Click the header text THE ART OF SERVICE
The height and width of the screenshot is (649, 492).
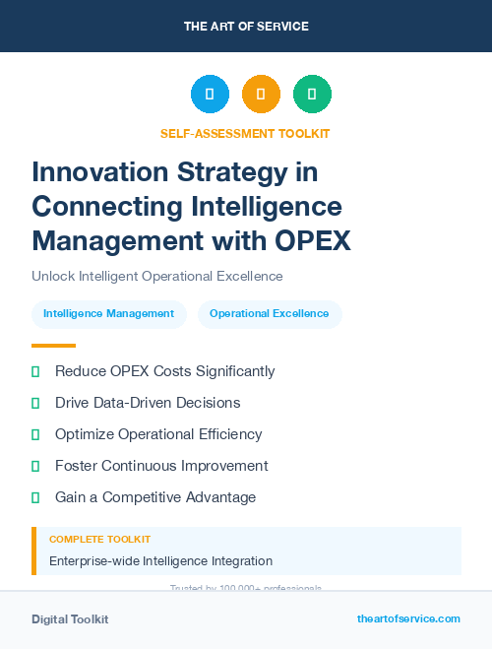coord(246,27)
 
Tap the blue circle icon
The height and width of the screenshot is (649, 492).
coord(210,95)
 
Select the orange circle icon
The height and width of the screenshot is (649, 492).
coord(261,95)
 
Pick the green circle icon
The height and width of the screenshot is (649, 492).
coord(312,95)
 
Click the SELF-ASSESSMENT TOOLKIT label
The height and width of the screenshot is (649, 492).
coord(245,133)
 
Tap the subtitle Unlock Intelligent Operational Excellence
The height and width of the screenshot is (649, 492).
coord(157,276)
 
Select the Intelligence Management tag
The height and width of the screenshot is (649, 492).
coord(108,314)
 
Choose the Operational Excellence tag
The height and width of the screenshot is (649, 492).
coord(270,314)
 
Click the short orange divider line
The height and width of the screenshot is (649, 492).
coord(53,346)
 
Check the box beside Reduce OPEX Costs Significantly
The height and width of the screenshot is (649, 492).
coord(36,372)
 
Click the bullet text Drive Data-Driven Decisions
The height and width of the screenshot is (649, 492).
coord(148,403)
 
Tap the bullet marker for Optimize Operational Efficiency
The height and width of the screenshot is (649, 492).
coord(36,434)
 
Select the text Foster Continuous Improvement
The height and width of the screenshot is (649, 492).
coord(161,466)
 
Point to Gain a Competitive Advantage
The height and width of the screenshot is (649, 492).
coord(155,497)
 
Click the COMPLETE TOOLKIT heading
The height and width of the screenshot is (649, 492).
coord(99,540)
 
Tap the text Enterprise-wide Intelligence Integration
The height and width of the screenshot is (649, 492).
coord(160,561)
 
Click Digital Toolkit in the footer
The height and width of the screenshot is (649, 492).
coord(70,619)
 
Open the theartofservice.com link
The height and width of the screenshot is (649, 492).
coord(408,618)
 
